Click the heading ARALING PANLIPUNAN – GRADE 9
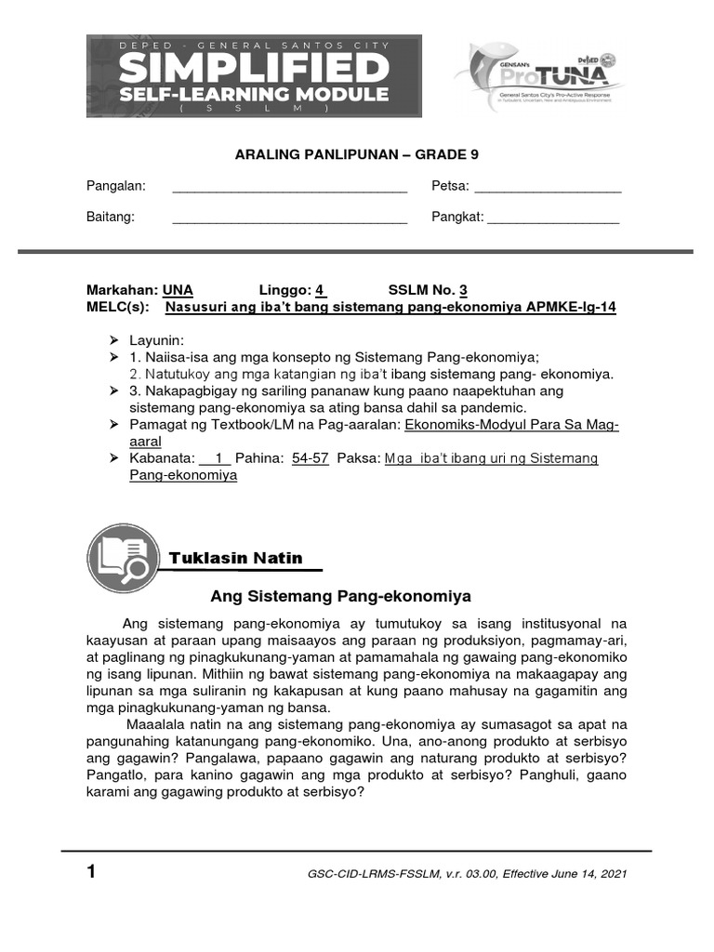356,155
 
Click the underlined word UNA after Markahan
178,290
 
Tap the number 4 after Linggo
320,290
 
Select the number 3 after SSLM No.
463,290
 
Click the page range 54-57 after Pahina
311,458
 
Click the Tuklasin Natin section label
236,558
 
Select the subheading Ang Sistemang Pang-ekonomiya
341,596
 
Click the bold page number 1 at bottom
91,873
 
